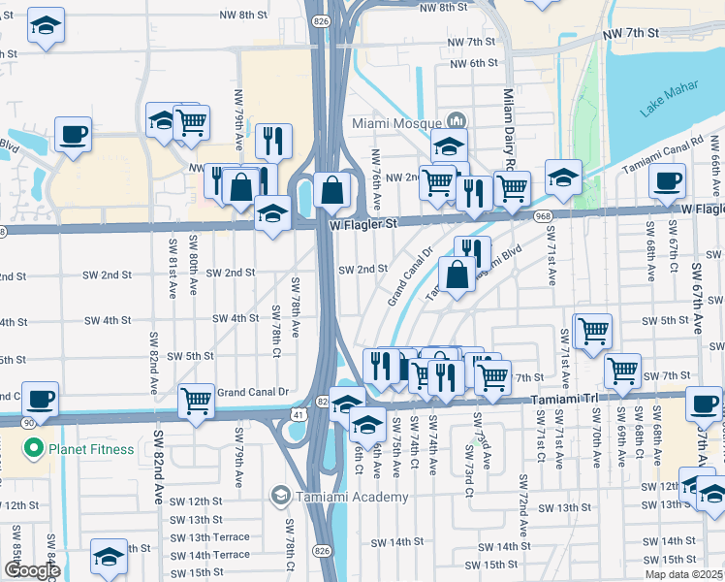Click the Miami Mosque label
(397, 124)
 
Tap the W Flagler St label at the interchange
(363, 223)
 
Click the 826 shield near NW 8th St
(320, 20)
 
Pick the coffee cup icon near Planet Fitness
(40, 399)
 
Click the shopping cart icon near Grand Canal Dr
(196, 400)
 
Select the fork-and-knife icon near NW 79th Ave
(273, 141)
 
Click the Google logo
(31, 571)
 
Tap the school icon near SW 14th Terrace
(109, 556)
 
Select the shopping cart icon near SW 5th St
(592, 330)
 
